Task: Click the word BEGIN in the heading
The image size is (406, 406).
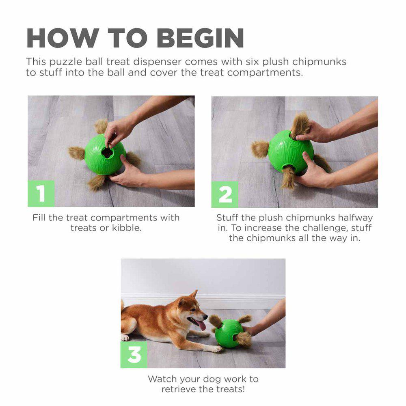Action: (200, 38)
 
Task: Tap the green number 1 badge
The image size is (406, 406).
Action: (41, 193)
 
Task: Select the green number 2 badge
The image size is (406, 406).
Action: (225, 194)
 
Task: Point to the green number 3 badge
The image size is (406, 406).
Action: (134, 354)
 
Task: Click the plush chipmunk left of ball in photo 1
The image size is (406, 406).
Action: (76, 153)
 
